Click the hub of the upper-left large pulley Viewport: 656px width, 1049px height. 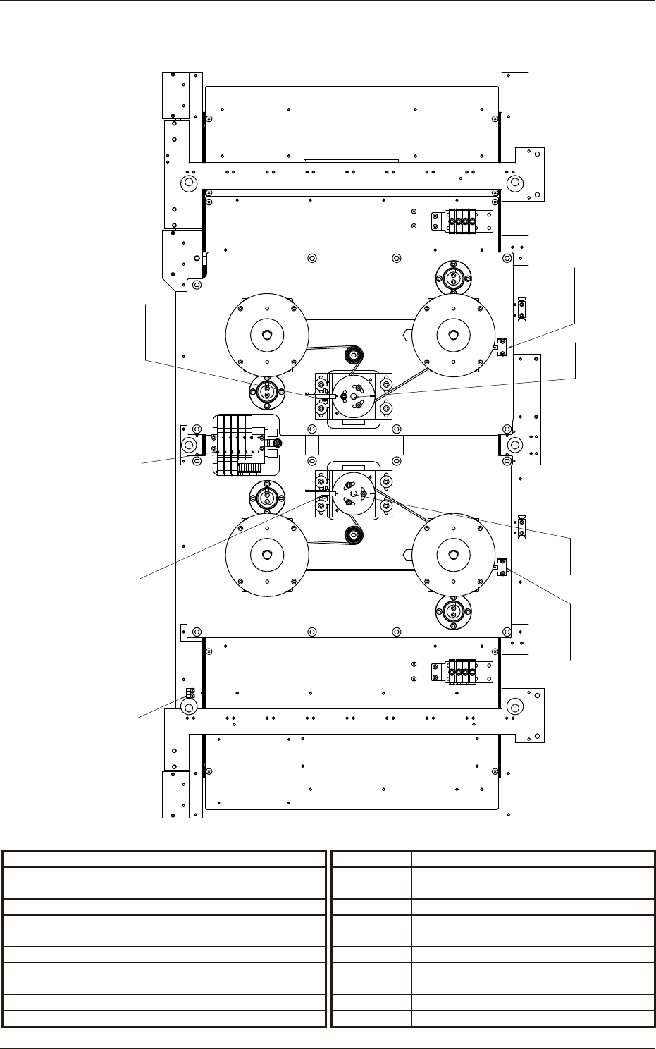(x=266, y=335)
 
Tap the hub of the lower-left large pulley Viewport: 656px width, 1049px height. (x=266, y=554)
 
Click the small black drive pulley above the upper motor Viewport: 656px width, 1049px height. (x=353, y=354)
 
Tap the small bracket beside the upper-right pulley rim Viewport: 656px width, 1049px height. (x=502, y=346)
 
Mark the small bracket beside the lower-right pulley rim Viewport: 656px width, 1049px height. (x=502, y=566)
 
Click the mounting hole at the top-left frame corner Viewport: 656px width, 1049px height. (x=188, y=183)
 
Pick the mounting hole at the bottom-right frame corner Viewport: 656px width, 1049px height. (x=515, y=706)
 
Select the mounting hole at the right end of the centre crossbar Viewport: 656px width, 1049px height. (x=515, y=445)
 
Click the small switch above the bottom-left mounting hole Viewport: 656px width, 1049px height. (x=190, y=693)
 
